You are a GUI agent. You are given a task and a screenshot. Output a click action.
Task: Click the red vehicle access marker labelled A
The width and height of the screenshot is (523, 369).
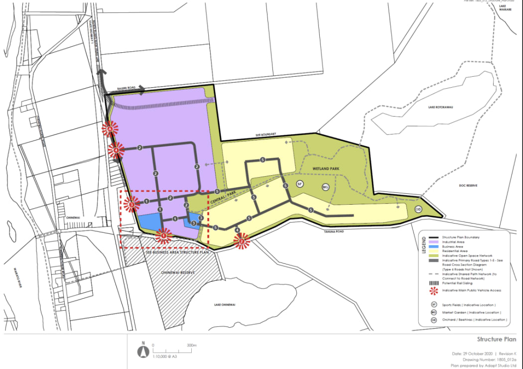point(110,129)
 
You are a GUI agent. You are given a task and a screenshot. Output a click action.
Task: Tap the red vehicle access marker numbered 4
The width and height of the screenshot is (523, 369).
point(116,148)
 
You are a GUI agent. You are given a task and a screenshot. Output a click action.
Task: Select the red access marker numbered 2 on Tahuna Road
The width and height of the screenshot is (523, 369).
point(242,242)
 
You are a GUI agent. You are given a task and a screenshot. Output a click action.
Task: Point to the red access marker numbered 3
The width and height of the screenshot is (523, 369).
point(131,203)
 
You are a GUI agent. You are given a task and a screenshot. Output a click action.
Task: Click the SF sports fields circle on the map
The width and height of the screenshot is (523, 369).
point(300,184)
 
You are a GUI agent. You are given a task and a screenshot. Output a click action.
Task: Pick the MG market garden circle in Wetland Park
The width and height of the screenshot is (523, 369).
point(326,187)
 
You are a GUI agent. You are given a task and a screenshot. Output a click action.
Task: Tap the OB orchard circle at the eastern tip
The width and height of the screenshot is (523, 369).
point(418,209)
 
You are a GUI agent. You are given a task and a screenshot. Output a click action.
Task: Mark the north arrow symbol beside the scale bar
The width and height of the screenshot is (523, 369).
point(143,351)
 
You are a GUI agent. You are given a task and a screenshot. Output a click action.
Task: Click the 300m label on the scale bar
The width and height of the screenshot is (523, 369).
point(192,345)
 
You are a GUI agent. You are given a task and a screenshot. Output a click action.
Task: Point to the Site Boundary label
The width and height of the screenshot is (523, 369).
point(266,134)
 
